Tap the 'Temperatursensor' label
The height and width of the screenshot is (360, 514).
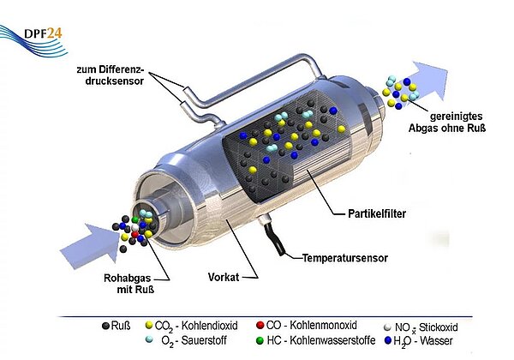[343, 256]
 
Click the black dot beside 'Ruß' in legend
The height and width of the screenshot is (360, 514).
[106, 326]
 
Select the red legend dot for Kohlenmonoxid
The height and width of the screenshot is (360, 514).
[260, 326]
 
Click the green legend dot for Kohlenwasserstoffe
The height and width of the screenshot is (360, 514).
[260, 340]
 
